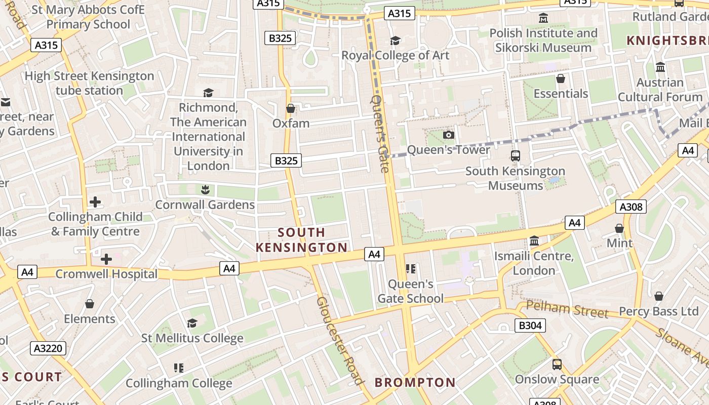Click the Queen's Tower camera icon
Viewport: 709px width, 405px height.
448,135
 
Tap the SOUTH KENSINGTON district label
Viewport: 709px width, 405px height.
301,240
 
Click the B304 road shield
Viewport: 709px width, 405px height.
530,326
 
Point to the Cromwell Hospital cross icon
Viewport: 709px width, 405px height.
106,259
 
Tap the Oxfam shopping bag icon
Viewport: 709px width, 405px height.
291,108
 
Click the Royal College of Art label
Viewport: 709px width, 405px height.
395,55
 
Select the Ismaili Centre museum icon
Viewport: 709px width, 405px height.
534,241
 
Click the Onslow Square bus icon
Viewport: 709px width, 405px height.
557,364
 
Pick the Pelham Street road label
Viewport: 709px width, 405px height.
567,309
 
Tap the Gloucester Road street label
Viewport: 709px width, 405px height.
340,341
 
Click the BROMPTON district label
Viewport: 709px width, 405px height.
415,382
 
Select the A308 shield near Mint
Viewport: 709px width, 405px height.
631,207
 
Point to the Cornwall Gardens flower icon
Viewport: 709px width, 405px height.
205,190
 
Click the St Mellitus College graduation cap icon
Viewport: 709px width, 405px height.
192,323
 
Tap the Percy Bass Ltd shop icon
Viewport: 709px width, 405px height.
659,296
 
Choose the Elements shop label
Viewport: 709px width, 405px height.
90,319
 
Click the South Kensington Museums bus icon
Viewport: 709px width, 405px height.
516,156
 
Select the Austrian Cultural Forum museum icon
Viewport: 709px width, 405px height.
660,67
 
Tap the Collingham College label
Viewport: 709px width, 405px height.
179,383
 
